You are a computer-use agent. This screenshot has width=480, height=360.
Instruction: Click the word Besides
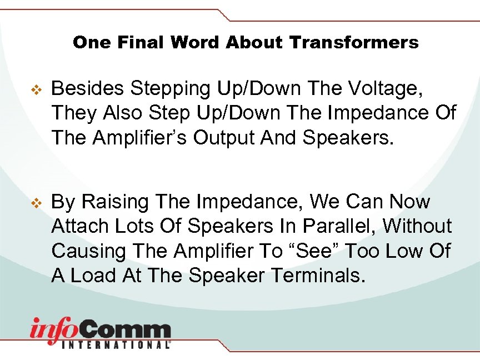point(88,88)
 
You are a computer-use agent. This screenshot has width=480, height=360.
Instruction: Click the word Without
point(418,227)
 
